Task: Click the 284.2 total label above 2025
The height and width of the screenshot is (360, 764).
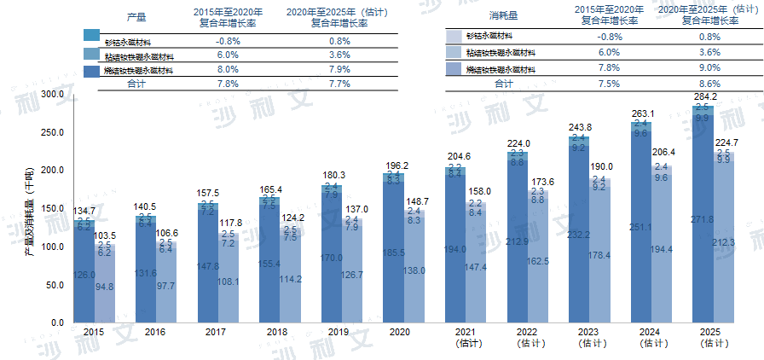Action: pos(704,97)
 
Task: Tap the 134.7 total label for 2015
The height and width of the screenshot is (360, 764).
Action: pos(84,211)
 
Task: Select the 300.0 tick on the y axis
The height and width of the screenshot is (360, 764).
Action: pos(53,94)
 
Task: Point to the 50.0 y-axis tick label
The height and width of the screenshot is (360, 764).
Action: pos(55,285)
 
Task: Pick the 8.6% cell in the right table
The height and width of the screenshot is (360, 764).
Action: pos(709,84)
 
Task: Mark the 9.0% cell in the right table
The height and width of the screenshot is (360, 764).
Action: pos(709,68)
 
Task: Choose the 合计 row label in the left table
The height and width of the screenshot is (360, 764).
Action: pos(136,84)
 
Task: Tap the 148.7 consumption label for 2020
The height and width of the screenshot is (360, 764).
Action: pos(418,201)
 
